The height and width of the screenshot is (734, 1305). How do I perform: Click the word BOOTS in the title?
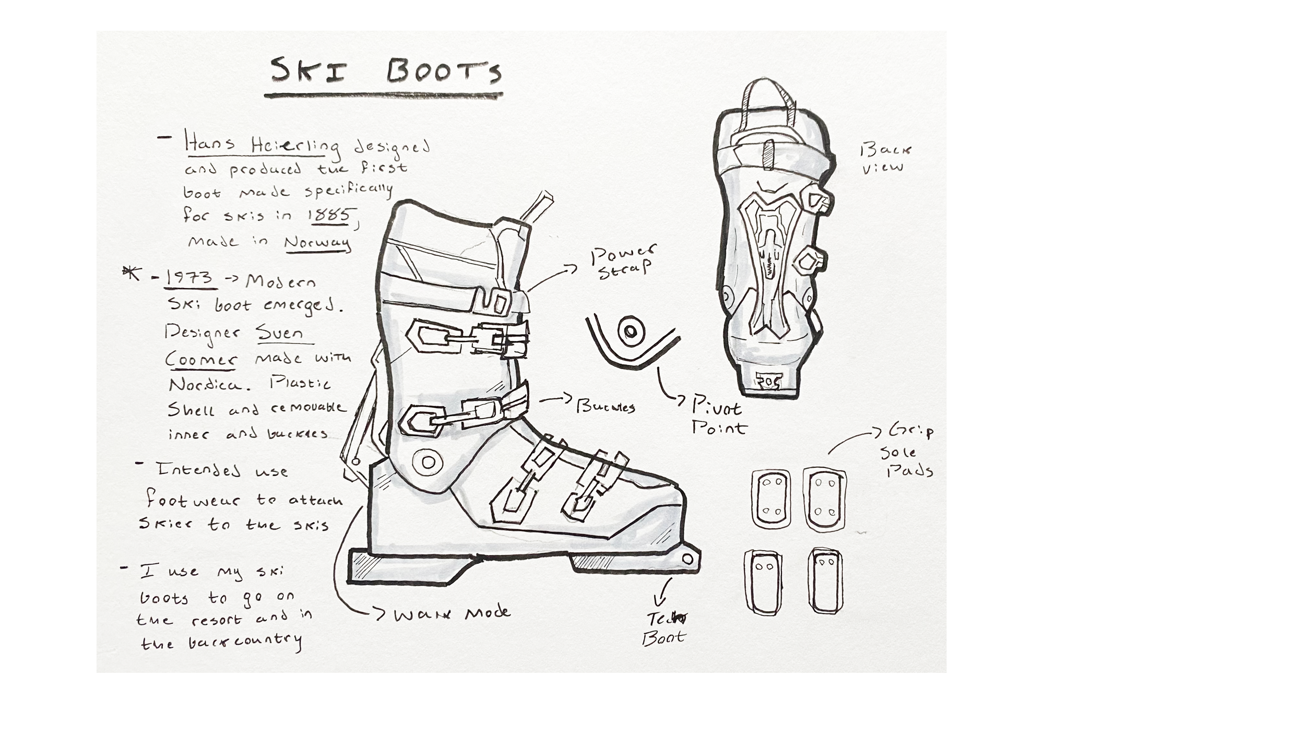[444, 72]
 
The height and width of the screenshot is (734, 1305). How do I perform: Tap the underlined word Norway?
[317, 243]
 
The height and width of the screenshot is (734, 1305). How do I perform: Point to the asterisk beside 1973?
[132, 273]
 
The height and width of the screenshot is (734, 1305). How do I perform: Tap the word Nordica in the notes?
[205, 385]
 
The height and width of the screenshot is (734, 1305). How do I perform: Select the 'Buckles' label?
[606, 406]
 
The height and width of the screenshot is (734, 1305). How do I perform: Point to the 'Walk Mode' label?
[452, 613]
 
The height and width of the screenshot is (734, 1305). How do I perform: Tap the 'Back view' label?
[885, 158]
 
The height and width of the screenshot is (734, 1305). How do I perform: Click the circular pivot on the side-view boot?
[428, 461]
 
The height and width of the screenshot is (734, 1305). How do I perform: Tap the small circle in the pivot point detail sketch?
[631, 331]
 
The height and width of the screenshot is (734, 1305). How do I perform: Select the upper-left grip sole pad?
[771, 498]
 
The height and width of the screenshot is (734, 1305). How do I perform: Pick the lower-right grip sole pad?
[825, 581]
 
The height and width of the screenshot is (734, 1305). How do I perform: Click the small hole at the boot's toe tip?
[687, 559]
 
